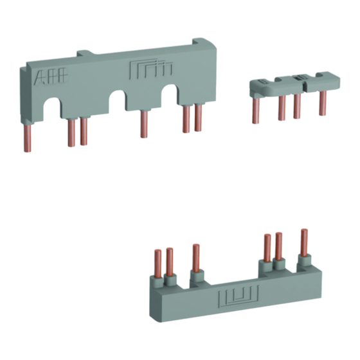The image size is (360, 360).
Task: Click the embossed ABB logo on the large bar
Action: coord(51,76)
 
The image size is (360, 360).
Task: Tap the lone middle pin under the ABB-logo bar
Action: coord(144,125)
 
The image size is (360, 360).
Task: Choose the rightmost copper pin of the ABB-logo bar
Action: coord(198,118)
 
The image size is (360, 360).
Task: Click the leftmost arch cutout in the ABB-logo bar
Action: coord(53,108)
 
